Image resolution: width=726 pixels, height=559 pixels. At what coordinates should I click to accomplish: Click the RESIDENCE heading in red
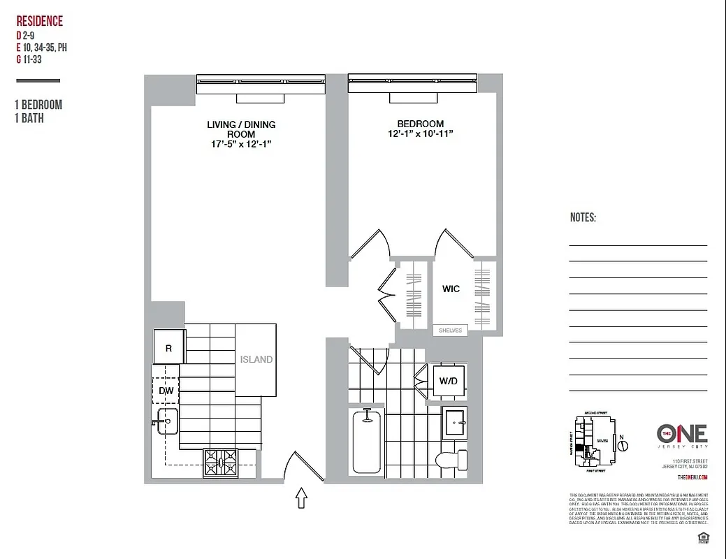click(39, 21)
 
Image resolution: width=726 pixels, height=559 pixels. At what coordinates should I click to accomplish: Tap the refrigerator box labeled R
click(168, 347)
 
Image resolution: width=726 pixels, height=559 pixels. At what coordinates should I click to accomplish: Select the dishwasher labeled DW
click(166, 391)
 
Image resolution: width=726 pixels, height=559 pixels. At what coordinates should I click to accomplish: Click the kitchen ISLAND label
click(256, 360)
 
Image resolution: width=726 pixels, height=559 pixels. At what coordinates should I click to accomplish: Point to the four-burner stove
click(220, 462)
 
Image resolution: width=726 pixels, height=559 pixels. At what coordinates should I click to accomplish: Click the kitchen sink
click(168, 423)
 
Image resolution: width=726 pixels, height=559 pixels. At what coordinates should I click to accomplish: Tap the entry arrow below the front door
click(302, 498)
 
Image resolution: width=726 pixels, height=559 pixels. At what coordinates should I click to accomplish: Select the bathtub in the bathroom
click(366, 442)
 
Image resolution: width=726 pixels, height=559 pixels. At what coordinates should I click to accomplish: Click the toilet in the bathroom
click(451, 460)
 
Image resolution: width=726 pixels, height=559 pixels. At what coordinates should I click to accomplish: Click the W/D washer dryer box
click(449, 381)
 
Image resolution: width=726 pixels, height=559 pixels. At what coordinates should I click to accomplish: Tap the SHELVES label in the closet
click(451, 331)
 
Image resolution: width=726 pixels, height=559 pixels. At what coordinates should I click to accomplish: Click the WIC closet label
click(451, 289)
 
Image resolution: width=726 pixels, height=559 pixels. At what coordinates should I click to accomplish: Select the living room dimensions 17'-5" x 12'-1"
click(241, 143)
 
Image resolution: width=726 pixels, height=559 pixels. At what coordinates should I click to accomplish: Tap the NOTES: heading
click(583, 217)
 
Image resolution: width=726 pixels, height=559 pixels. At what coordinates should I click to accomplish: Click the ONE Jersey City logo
click(682, 437)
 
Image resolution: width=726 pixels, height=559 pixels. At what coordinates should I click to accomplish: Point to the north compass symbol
click(624, 444)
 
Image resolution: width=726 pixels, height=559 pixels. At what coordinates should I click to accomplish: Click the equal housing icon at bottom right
click(702, 537)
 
